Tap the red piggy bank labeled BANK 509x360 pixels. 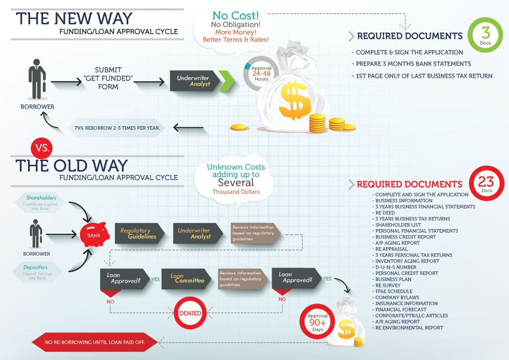pos(94,234)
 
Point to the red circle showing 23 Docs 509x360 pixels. pos(486,184)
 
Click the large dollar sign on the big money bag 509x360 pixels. pos(294,101)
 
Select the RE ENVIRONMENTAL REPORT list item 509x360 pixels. pos(408,328)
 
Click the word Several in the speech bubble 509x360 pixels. pos(236,182)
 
